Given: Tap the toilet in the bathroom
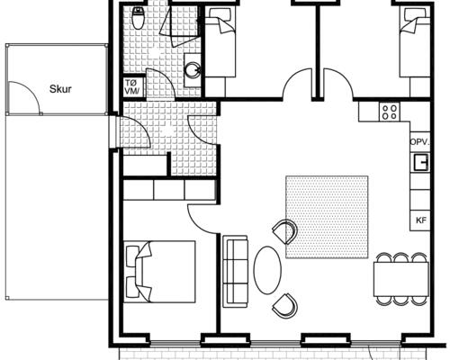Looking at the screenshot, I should click(x=137, y=17).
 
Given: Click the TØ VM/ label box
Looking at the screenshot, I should click(x=131, y=88).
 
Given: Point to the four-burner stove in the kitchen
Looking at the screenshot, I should click(x=390, y=112).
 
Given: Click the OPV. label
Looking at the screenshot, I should click(x=418, y=143).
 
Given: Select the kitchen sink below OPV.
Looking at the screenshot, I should click(x=420, y=162).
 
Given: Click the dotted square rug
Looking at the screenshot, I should click(x=327, y=216).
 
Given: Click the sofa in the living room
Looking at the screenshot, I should click(x=235, y=271).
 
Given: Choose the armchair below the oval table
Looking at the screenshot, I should click(x=285, y=306).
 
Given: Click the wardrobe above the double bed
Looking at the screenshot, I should click(x=169, y=190).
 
